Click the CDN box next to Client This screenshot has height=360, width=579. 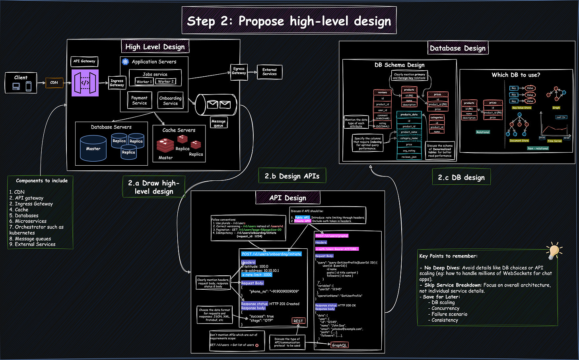[54, 83]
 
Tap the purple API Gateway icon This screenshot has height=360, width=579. [85, 83]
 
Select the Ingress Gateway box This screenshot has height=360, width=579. [117, 83]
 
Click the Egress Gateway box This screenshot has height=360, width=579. [239, 71]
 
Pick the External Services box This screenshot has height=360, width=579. [269, 72]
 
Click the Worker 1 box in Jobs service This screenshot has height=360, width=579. [144, 81]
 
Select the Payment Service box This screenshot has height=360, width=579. [139, 101]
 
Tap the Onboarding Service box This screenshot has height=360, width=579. [170, 101]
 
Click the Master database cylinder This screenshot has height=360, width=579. [93, 149]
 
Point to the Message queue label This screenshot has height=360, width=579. [218, 123]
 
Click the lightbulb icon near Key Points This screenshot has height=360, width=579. [554, 250]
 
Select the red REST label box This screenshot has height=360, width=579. [298, 321]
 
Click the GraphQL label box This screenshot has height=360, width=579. [339, 345]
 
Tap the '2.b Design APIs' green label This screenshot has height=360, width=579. [292, 176]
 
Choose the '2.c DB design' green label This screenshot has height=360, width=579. [461, 177]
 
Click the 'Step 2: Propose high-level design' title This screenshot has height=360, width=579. [289, 21]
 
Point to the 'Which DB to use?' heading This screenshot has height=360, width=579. [516, 75]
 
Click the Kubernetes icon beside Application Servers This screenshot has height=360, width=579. [126, 62]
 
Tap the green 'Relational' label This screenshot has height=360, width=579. [483, 132]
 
